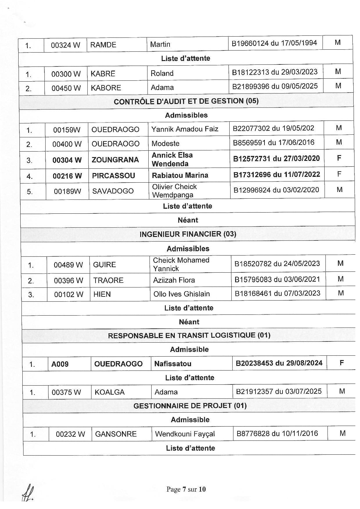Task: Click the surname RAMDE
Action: point(103,45)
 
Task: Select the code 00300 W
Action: point(66,74)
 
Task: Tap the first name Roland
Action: point(162,73)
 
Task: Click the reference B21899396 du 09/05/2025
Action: point(275,86)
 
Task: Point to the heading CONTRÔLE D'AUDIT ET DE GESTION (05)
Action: point(186,101)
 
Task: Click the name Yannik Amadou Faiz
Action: point(185,129)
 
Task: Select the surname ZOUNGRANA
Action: point(115,160)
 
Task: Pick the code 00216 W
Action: point(67,176)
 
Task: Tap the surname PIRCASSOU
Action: point(114,176)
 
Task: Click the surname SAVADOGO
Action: point(113,191)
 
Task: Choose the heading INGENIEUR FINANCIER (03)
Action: point(188,234)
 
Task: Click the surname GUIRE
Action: point(105,265)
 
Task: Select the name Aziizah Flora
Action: point(174,280)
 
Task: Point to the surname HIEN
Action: point(102,294)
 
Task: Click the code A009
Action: point(60,364)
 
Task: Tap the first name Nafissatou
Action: point(173,364)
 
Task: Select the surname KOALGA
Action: point(109,392)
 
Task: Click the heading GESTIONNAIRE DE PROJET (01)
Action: point(190,406)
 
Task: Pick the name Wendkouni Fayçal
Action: point(185,434)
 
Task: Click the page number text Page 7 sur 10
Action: point(186,489)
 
